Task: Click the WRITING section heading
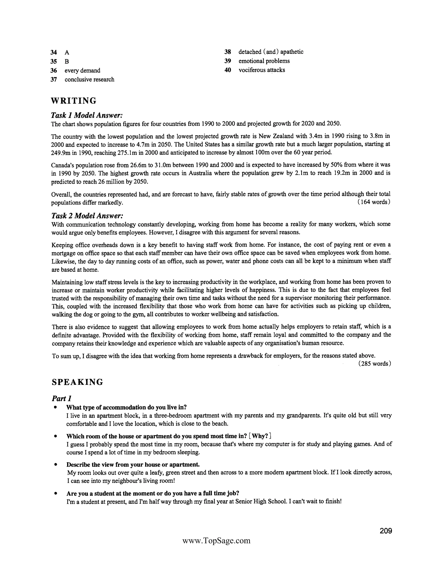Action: pos(74,101)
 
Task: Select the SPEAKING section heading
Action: pos(77,382)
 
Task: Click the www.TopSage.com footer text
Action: pos(216,541)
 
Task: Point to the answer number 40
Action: pos(227,70)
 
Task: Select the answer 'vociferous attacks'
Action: pos(262,70)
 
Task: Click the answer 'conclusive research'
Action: pos(89,79)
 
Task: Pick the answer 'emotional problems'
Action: pos(264,61)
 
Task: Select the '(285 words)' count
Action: pos(374,363)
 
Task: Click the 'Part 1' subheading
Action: pos(62,398)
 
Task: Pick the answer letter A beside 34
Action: pos(67,53)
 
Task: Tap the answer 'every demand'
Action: pos(82,70)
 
